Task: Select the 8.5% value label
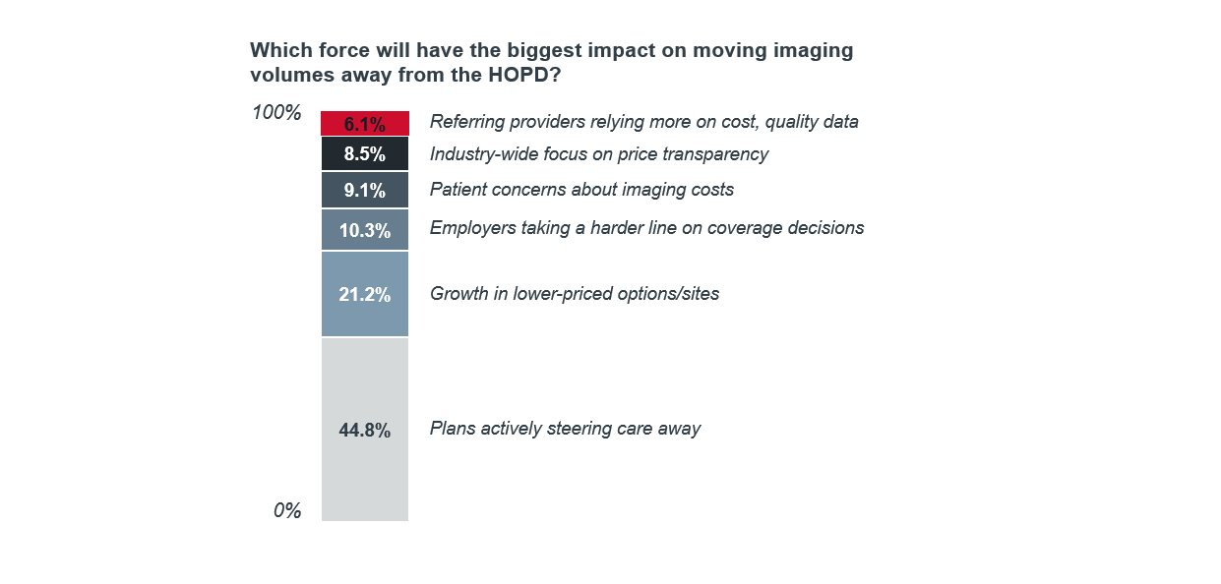[x=364, y=154]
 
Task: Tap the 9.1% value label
[x=364, y=191]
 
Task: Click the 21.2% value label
[x=364, y=294]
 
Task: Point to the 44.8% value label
[x=364, y=430]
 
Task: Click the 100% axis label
[x=276, y=113]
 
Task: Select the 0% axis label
[x=287, y=511]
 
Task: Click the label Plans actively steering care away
[x=565, y=429]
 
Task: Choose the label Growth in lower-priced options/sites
[x=575, y=294]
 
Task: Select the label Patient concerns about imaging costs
[x=581, y=190]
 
